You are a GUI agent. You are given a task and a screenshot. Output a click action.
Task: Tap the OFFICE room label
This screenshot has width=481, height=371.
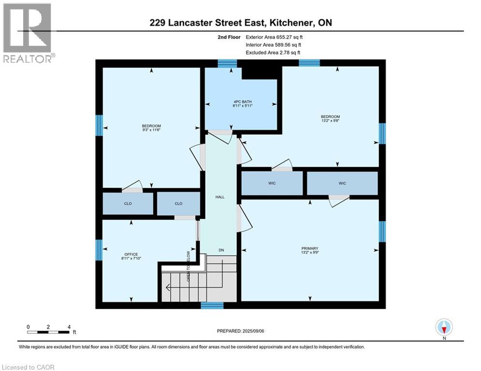(131, 255)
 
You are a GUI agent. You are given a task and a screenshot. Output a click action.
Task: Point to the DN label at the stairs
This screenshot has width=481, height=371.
(221, 250)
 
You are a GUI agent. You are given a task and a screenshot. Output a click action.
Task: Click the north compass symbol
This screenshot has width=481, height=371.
(443, 328)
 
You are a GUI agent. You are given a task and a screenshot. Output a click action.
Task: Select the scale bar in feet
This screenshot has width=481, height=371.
(49, 332)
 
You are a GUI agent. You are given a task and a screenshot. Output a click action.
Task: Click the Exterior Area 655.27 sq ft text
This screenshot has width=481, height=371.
(274, 37)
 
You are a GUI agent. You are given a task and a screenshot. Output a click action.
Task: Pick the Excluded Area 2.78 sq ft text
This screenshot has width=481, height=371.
(274, 52)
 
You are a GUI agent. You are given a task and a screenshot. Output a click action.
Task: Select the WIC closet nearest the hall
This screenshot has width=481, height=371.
(272, 184)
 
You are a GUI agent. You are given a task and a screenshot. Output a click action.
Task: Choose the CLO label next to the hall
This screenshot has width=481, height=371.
(178, 204)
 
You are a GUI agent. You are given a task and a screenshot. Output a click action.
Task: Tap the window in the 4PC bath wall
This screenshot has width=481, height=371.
(227, 63)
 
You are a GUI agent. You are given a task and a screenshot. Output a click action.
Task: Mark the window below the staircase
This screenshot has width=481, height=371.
(212, 305)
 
